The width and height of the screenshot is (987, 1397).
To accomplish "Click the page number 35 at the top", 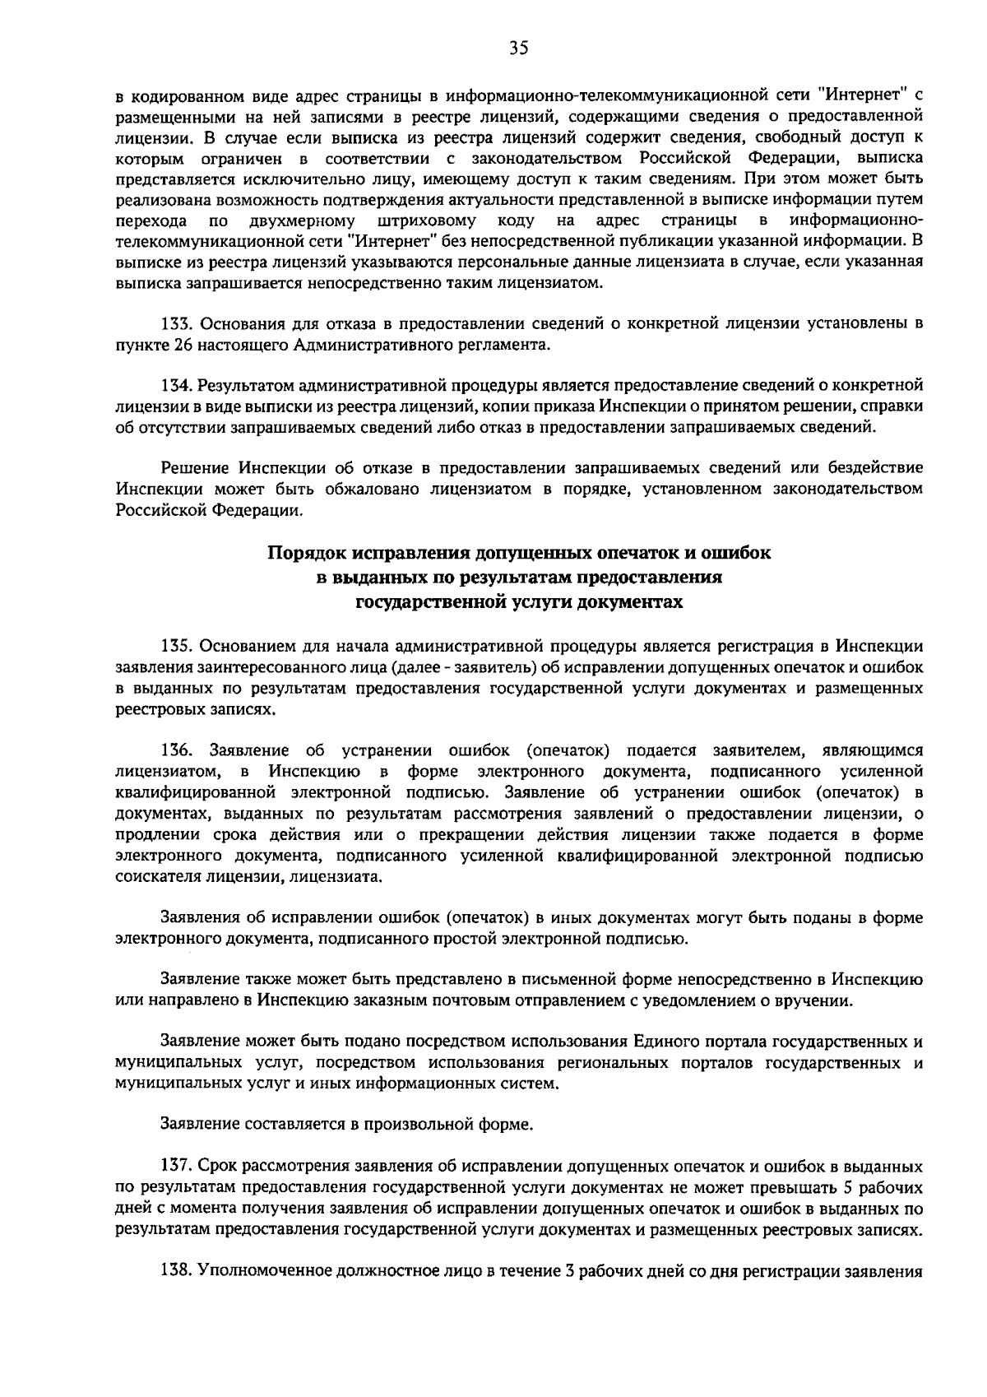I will pyautogui.click(x=517, y=49).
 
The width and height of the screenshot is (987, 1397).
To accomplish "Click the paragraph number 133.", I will pyautogui.click(x=174, y=323).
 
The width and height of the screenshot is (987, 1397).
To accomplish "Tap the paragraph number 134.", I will pyautogui.click(x=174, y=385).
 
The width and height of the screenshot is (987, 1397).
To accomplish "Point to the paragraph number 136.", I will pyautogui.click(x=174, y=750).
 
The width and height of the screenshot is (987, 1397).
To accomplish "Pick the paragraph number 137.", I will pyautogui.click(x=174, y=1167).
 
